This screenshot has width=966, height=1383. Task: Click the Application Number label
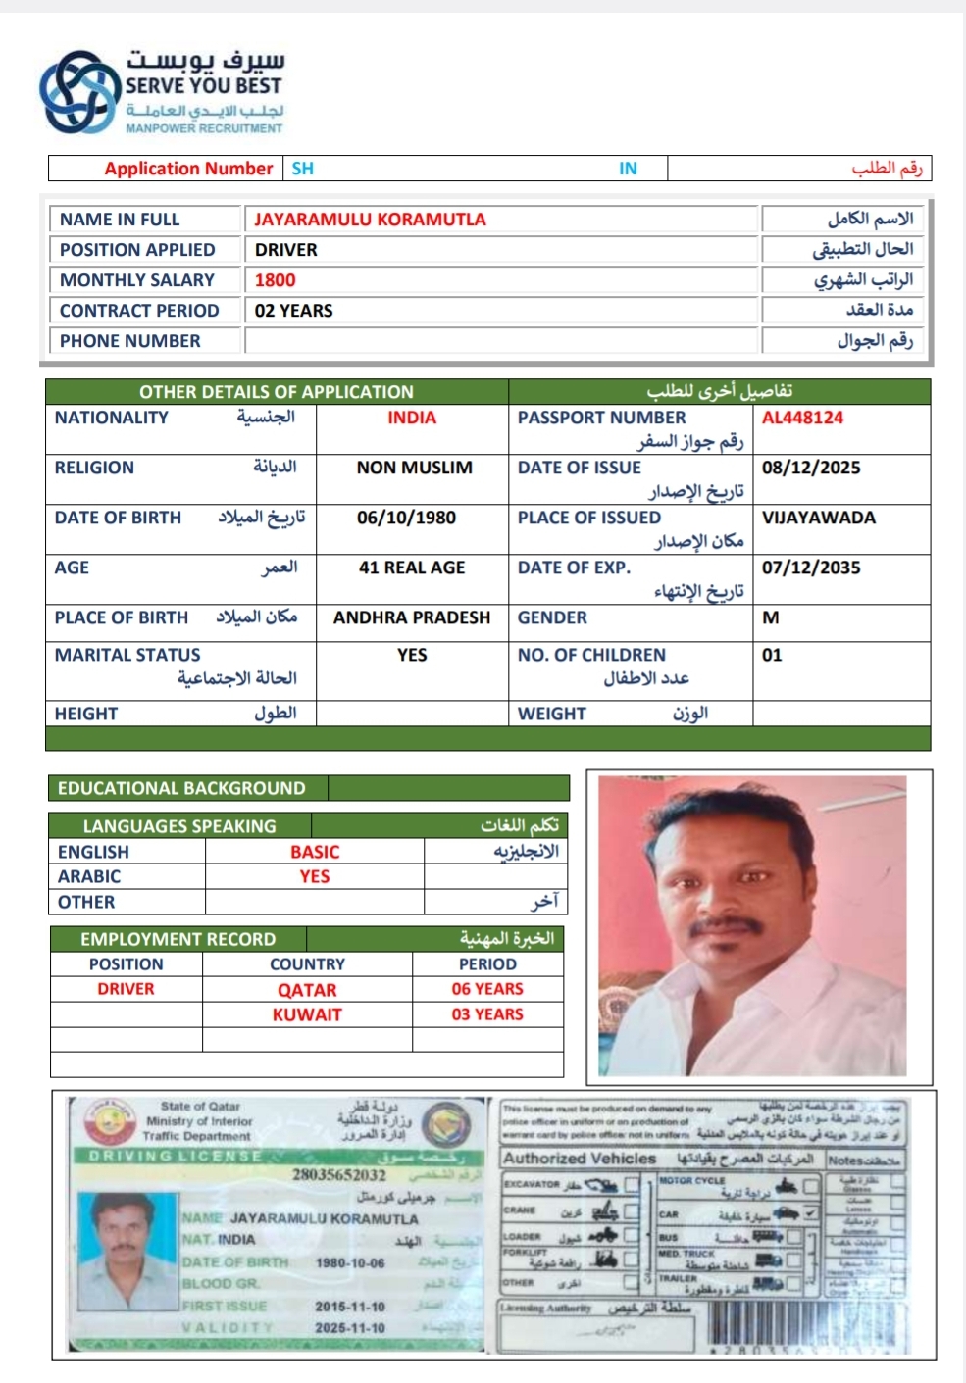(x=188, y=169)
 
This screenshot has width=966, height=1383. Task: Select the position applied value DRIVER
(x=286, y=250)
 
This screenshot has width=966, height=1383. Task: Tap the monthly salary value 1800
(x=275, y=280)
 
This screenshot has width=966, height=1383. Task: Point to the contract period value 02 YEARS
(x=293, y=311)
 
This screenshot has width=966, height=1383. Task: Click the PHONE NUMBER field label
(x=129, y=341)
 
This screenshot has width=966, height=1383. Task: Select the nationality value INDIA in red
(x=412, y=418)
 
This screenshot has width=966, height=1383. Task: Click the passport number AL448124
(x=802, y=418)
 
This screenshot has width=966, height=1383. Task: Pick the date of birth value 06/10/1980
(x=406, y=518)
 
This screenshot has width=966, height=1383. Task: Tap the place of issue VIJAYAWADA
(x=819, y=518)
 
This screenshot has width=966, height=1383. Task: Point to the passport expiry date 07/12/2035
(x=811, y=568)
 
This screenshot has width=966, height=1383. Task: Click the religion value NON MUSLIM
(x=414, y=468)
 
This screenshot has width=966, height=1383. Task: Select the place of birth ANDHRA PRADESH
(x=412, y=617)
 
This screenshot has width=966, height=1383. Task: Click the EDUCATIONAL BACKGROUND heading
(x=181, y=788)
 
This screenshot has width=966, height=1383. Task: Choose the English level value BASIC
(x=315, y=852)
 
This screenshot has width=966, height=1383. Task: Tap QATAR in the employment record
(x=307, y=990)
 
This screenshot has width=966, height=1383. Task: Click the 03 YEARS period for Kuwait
(x=487, y=1014)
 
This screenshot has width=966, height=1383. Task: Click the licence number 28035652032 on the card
(x=339, y=1174)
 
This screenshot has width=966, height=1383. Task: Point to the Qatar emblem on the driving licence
(x=110, y=1121)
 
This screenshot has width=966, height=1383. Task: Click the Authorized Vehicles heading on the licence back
(x=580, y=1159)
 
